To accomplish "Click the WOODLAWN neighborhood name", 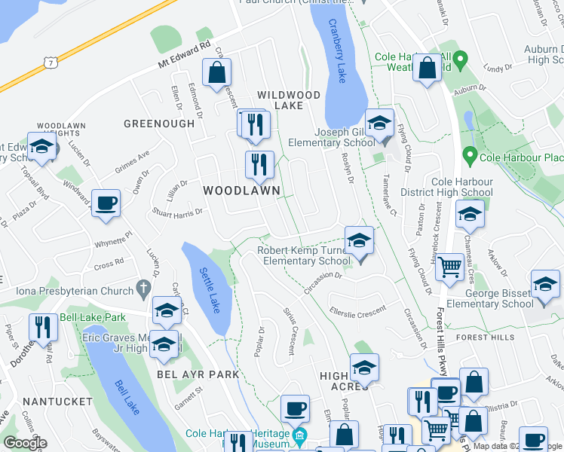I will [241, 191].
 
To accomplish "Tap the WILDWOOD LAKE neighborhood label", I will [289, 100].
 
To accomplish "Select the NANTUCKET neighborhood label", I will [54, 402].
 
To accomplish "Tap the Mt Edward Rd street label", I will [184, 57].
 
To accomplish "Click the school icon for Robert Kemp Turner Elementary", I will [360, 241].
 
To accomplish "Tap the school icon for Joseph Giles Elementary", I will [379, 123].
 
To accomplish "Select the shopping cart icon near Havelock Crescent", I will [450, 265].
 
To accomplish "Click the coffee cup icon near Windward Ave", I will [106, 202].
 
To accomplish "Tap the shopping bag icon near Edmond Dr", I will [216, 73].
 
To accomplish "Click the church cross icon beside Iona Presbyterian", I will [143, 288].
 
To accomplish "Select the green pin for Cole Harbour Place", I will [470, 157].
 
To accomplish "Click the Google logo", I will [25, 442].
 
